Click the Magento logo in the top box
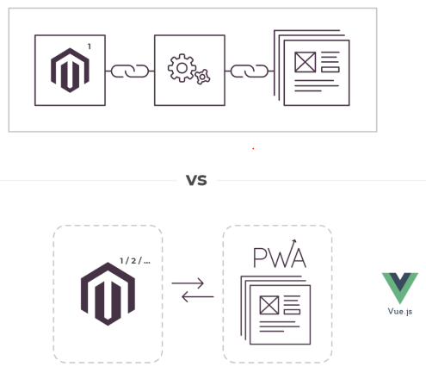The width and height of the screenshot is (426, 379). pos(70,71)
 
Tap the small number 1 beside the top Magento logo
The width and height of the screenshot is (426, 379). pos(90,47)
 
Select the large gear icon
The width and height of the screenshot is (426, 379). pos(182,68)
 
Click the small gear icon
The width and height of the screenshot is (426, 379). pos(202,77)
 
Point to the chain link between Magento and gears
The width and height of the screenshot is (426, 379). pos(130,71)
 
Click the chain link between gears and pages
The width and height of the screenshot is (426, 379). pos(250,71)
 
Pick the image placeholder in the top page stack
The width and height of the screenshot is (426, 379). pos(306,62)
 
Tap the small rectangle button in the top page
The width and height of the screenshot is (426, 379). pos(330,70)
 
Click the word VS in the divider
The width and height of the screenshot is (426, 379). pos(196,180)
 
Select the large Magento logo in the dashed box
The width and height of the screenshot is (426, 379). pos(108,294)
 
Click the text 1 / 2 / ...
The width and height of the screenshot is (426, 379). pos(135,261)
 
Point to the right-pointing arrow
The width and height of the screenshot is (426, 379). pos(188,283)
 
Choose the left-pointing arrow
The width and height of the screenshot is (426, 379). pos(198,296)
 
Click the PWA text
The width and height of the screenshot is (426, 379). pos(280,258)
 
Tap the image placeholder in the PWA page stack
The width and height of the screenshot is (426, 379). pos(269,305)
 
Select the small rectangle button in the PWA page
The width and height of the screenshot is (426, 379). pos(292,312)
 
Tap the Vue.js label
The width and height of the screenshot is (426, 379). pos(400,312)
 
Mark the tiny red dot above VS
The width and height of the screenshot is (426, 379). pos(253,149)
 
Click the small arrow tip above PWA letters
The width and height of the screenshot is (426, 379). pos(295,240)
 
